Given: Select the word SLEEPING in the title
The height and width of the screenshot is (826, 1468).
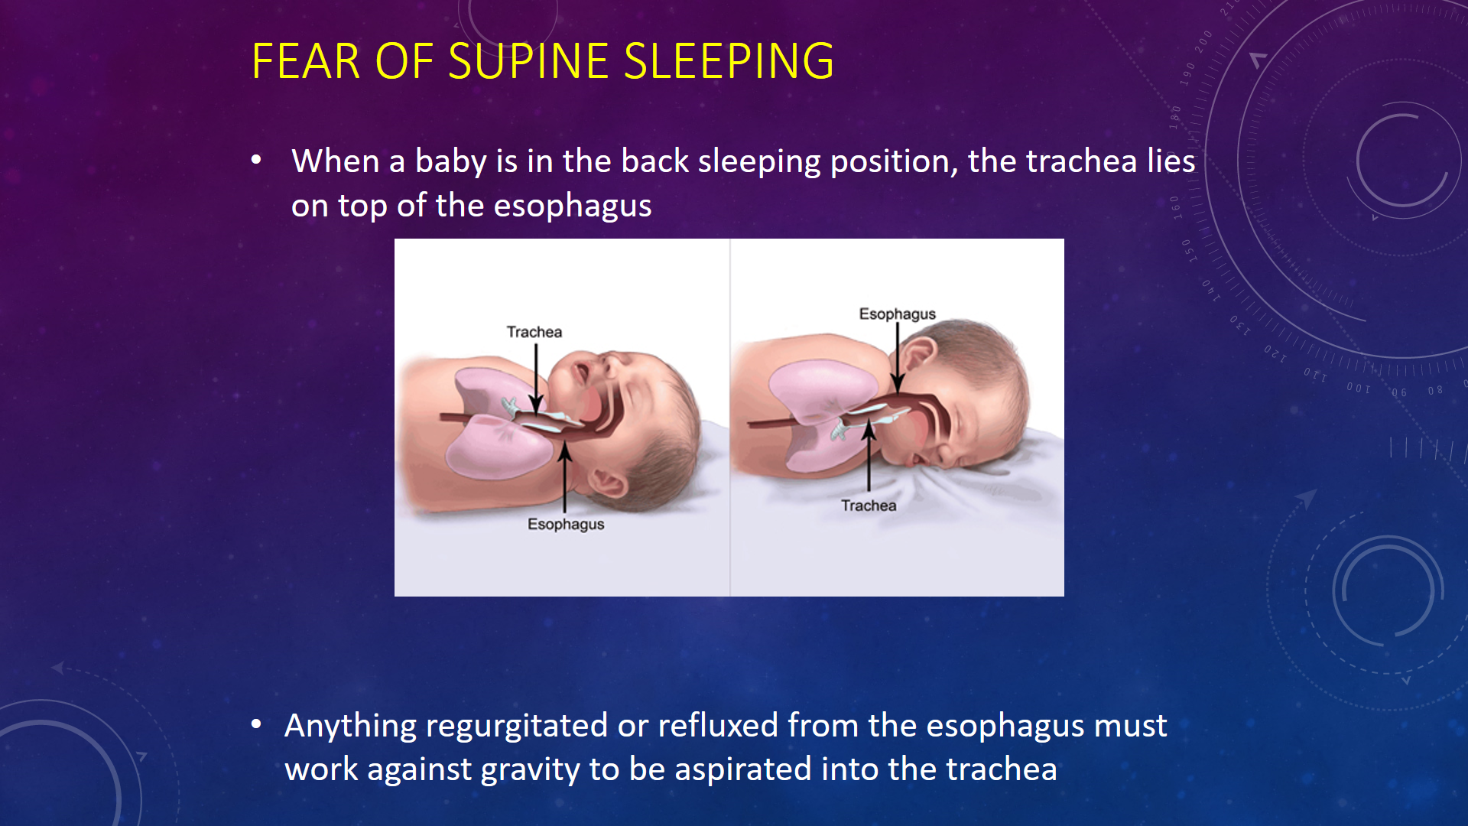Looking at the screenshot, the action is [x=729, y=61].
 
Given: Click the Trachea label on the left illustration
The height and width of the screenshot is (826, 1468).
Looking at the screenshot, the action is [x=534, y=332].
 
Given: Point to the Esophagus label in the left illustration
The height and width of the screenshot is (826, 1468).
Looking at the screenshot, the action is [x=566, y=525].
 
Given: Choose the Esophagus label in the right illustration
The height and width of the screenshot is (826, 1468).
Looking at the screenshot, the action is [x=898, y=314].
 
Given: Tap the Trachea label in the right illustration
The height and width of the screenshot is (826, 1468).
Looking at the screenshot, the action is [x=869, y=506].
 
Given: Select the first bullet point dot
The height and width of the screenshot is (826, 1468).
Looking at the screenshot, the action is [x=256, y=161].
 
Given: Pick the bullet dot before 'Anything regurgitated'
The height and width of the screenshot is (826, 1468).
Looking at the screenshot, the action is [x=256, y=724].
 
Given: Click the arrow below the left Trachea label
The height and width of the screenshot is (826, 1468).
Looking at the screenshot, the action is [x=536, y=379].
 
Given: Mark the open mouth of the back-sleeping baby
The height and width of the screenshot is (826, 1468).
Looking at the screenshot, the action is [x=581, y=372].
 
